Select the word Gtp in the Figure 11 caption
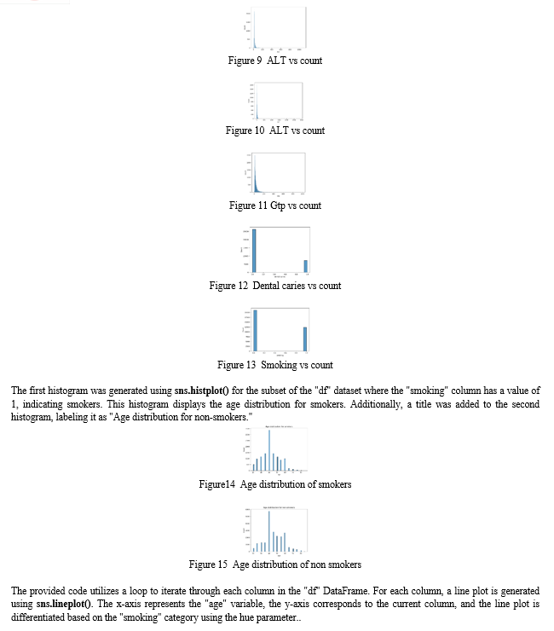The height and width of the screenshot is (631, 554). point(278,206)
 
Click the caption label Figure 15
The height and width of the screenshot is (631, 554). point(208,564)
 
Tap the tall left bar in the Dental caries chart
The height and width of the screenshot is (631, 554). point(254,251)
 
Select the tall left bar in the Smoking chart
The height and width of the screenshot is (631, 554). point(255,330)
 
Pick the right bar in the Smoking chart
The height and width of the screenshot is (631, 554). point(305,339)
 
